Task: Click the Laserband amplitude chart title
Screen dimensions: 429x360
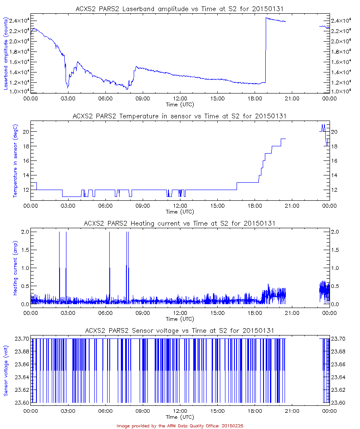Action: (180, 8)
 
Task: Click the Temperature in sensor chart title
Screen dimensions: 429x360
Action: (180, 116)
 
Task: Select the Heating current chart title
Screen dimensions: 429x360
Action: (180, 223)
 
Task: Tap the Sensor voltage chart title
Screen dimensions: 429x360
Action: (180, 330)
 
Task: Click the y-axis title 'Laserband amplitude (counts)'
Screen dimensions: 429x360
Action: (7, 54)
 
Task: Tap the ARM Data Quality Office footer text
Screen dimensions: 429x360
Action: (180, 426)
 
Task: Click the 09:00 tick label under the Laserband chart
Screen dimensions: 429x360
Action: (142, 99)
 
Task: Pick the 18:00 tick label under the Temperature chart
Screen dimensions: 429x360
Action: (255, 206)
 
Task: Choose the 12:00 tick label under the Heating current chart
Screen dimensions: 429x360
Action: (180, 313)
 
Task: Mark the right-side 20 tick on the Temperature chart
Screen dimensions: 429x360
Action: (335, 132)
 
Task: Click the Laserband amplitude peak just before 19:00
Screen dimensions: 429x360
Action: (266, 18)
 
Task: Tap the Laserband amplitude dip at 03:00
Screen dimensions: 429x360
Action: (68, 88)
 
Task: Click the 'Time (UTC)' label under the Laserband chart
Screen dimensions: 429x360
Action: (180, 104)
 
